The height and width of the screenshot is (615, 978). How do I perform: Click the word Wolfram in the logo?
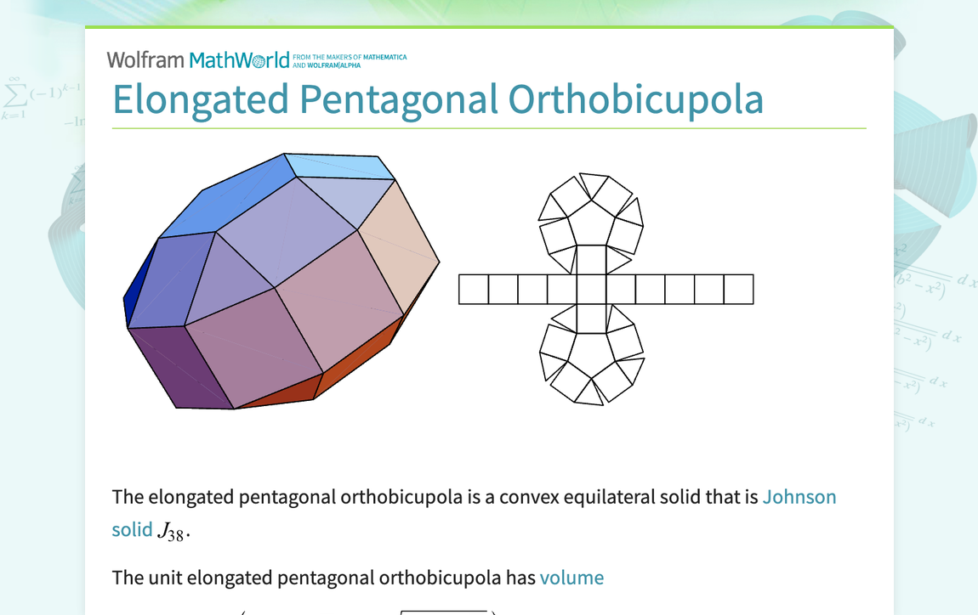point(145,60)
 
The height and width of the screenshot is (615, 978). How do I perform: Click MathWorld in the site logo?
point(239,60)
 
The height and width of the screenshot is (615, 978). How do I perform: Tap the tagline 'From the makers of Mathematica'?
point(349,58)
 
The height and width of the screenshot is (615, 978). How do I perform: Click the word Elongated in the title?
point(201,99)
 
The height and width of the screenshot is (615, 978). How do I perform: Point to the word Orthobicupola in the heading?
point(635,99)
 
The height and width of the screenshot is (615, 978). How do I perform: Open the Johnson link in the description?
point(799,497)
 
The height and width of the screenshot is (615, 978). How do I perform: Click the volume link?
point(571,578)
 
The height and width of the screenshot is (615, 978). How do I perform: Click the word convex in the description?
point(529,497)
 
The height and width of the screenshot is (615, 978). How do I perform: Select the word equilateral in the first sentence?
point(610,497)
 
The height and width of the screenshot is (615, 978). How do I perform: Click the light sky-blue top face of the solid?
point(340,166)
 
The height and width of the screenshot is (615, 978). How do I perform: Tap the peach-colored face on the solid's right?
point(398,246)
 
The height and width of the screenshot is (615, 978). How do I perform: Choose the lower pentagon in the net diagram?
point(590,356)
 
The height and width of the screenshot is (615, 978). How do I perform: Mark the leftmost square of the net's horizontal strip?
point(474,290)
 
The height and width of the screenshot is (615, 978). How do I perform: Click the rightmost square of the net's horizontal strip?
point(738,290)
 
